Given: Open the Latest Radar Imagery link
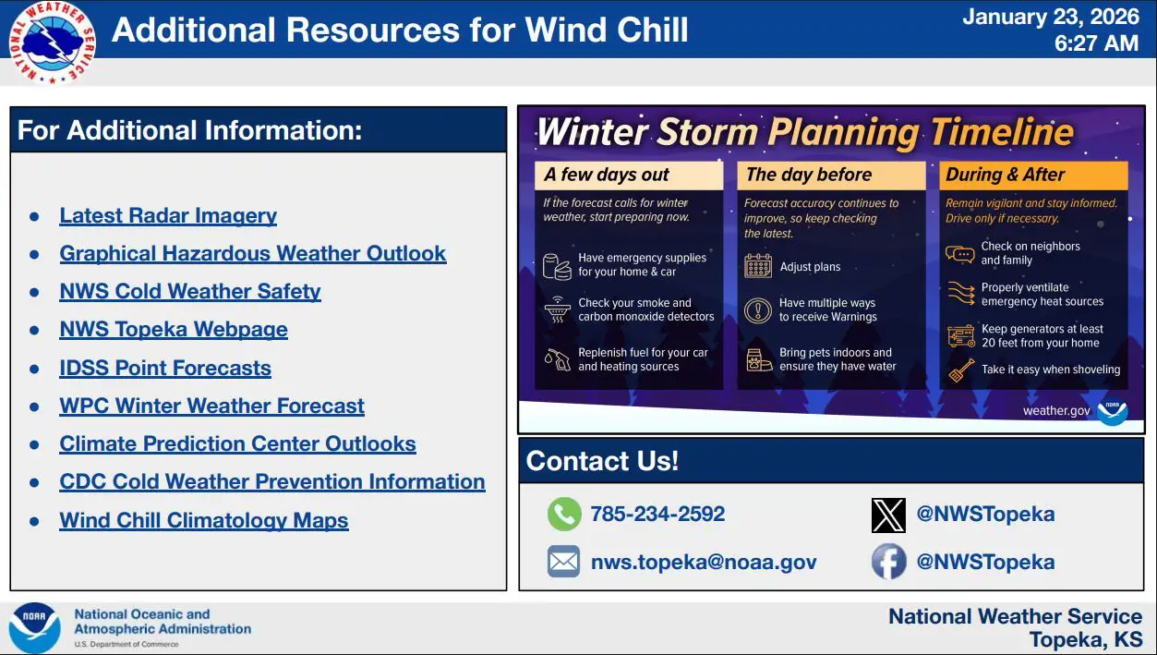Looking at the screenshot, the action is coord(168,215).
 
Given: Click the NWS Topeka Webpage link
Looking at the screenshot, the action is coord(174,329).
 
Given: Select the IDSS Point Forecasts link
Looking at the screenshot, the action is coord(165,368).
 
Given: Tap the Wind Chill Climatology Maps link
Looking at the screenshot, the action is coord(204,520).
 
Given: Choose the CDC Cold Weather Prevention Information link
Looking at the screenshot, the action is coord(272,481).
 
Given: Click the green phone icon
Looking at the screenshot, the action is coord(564,514).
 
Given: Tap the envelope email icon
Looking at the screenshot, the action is coord(563,562).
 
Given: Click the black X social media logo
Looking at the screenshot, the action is coord(888,515).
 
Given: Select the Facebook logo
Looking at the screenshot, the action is coord(888,562).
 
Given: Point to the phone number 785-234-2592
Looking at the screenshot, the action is coord(657,514).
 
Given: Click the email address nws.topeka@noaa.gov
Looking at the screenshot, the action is coord(704,562).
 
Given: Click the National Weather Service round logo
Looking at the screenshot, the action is coord(52,42).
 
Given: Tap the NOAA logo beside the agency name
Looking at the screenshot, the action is coord(34,627).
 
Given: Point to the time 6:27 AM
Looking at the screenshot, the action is coord(1096,43).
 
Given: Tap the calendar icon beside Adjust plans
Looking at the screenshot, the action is coord(758,266).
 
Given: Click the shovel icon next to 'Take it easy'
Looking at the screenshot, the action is coord(961,370).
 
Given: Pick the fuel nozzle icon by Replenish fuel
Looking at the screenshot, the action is coord(558,359).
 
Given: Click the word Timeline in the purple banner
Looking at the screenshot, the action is coord(1002,132).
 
